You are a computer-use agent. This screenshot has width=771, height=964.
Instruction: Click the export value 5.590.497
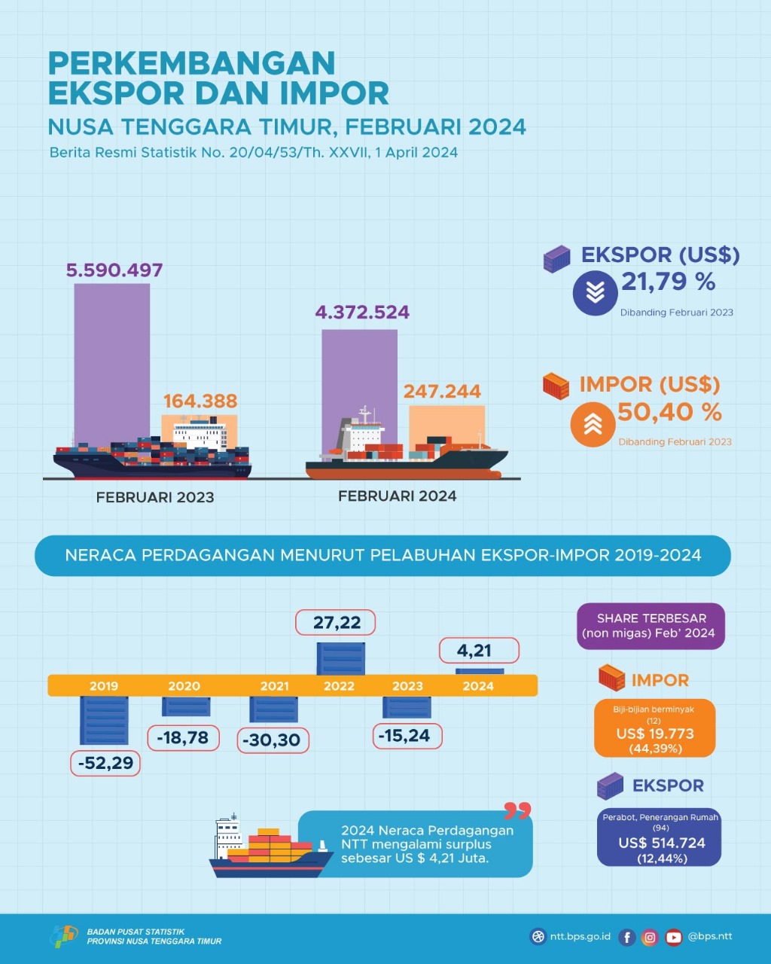[x=114, y=270]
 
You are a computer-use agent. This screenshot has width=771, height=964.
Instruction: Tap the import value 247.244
[x=442, y=392]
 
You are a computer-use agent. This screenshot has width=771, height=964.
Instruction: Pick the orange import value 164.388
[x=200, y=401]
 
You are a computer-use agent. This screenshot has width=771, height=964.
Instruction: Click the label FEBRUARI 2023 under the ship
[x=155, y=497]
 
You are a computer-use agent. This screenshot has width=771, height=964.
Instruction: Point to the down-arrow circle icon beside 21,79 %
[x=595, y=292]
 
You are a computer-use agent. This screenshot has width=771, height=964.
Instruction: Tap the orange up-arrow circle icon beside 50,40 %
[x=593, y=425]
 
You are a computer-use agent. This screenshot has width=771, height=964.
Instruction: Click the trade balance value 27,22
[x=337, y=623]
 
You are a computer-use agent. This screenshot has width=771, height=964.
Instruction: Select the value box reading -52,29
[x=105, y=763]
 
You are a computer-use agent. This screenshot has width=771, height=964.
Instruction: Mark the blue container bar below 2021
[x=273, y=709]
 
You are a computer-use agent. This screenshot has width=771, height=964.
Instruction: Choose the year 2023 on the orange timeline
[x=407, y=686]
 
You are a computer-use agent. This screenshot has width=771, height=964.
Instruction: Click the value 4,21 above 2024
[x=474, y=651]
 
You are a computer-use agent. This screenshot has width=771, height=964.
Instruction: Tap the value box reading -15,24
[x=407, y=736]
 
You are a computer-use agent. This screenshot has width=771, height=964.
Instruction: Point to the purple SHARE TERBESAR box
[x=651, y=626]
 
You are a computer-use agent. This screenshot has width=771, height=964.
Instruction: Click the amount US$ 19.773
[x=655, y=734]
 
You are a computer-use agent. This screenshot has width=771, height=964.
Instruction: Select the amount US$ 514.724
[x=662, y=843]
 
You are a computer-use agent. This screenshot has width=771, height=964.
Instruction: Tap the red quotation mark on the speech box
[x=517, y=811]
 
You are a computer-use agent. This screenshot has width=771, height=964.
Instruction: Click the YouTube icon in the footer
[x=674, y=938]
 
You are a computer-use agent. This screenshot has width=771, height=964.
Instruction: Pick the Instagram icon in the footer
[x=651, y=938]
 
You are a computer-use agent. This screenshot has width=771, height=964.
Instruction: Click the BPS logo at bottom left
[x=64, y=936]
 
